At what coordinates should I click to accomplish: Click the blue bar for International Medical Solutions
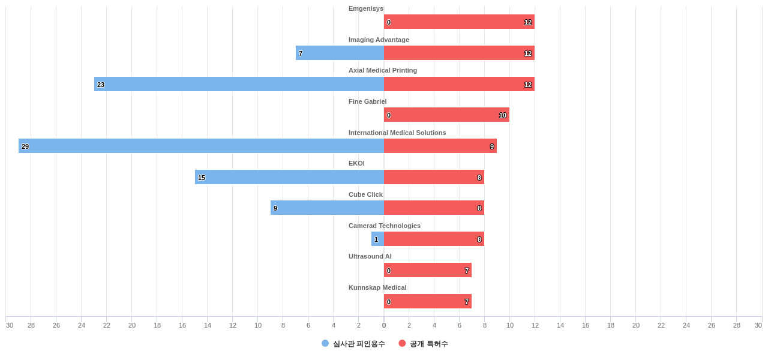tap(201, 146)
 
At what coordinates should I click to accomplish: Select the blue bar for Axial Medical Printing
tap(239, 84)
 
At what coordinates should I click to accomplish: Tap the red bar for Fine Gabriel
tap(446, 115)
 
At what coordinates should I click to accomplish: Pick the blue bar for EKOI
tap(289, 177)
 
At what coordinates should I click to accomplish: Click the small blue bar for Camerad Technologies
tap(377, 239)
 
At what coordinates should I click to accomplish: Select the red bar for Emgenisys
tap(459, 22)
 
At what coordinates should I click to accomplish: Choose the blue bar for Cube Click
tap(327, 208)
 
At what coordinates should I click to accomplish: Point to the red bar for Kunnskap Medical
tap(428, 301)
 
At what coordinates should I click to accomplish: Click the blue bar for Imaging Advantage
tap(340, 53)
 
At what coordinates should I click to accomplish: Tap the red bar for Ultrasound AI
tap(428, 270)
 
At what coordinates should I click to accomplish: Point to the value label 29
tap(25, 146)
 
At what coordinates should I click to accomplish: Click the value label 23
tap(101, 85)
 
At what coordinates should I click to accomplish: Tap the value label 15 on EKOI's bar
tap(202, 178)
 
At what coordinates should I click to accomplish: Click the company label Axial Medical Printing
tap(383, 70)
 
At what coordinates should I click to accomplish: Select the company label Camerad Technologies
tap(385, 226)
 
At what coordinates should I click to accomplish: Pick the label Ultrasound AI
tap(370, 256)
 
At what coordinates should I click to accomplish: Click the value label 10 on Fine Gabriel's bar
tap(503, 115)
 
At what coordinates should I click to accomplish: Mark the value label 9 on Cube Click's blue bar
tap(275, 208)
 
